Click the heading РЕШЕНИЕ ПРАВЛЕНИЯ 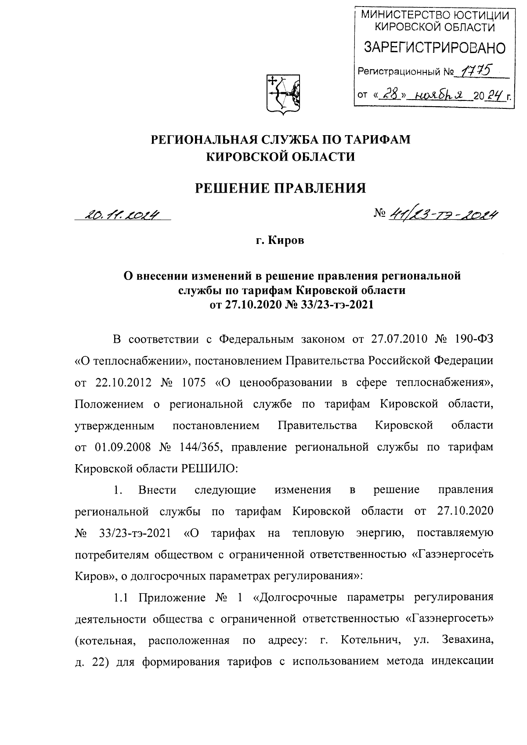pos(280,188)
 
